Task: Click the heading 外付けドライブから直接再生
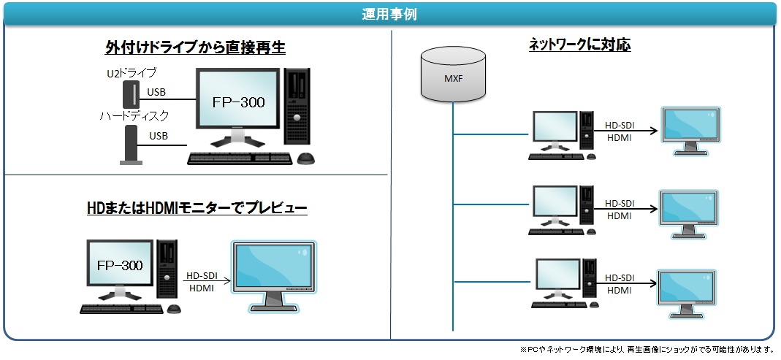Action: tap(195, 47)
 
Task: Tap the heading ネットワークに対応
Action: tap(580, 45)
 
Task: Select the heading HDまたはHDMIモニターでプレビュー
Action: tap(197, 207)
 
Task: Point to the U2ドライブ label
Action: tap(132, 73)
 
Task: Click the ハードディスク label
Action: tap(134, 117)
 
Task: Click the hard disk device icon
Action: tap(132, 145)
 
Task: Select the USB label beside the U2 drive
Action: tap(156, 92)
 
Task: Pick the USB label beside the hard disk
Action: tap(159, 135)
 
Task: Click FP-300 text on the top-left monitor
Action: tap(239, 102)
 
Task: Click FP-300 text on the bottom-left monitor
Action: tap(120, 265)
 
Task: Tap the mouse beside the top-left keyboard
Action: tap(306, 158)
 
